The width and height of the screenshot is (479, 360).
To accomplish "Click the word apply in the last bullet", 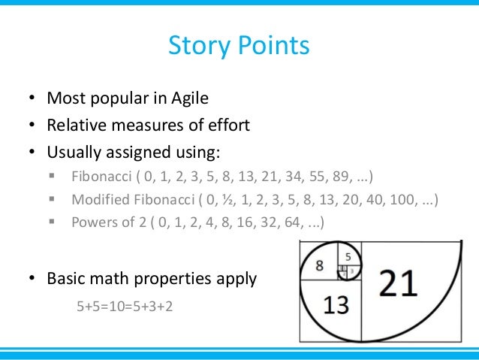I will (x=236, y=279).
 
